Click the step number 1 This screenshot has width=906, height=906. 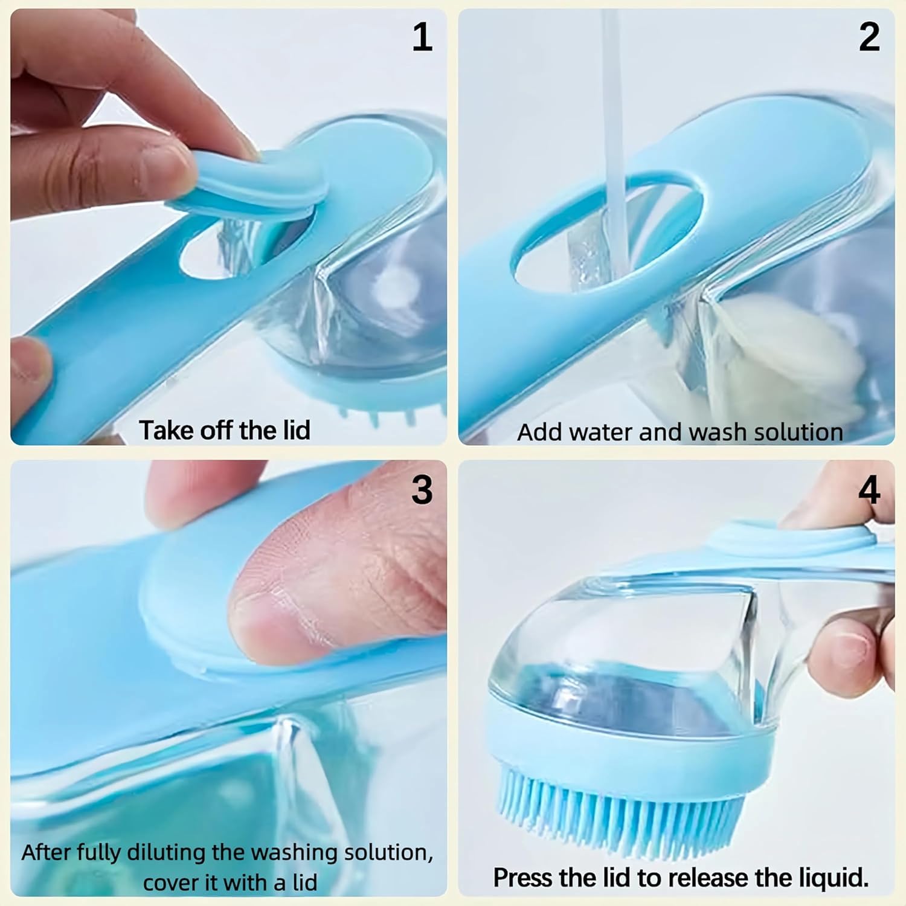click(422, 37)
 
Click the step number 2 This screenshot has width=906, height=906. click(869, 37)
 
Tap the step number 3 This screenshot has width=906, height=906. click(422, 489)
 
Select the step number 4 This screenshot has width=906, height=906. click(869, 489)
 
